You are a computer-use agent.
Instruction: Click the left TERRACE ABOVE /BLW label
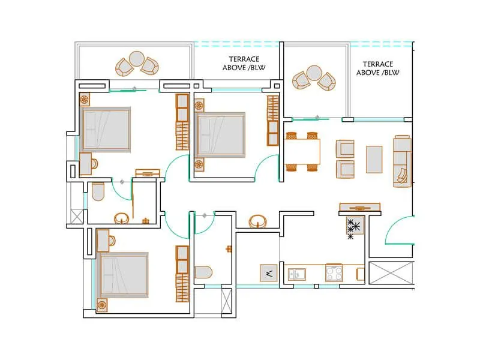[x=244, y=64]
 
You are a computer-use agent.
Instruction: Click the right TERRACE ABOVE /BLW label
[x=378, y=68]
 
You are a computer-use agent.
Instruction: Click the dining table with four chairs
[x=302, y=151]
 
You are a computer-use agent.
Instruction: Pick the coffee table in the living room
[x=374, y=159]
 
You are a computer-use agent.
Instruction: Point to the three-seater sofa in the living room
[x=402, y=160]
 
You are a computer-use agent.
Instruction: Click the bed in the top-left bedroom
[x=106, y=129]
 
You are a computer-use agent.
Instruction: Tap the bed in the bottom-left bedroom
[x=124, y=274]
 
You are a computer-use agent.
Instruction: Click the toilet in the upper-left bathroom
[x=98, y=191]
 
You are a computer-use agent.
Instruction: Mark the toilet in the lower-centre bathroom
[x=203, y=272]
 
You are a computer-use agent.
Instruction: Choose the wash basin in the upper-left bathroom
[x=121, y=218]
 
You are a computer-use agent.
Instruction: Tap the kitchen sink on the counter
[x=296, y=274]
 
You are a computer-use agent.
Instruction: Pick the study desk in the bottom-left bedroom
[x=103, y=241]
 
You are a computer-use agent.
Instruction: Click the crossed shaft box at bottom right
[x=391, y=275]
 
